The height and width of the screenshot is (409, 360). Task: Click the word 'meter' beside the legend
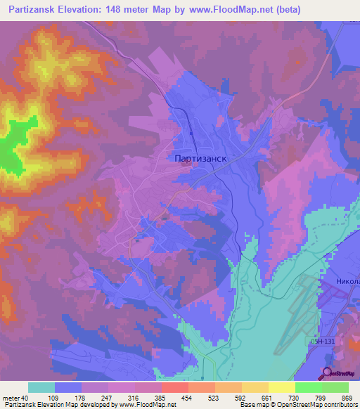tap(12, 397)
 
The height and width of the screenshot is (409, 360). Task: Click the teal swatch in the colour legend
tap(41, 387)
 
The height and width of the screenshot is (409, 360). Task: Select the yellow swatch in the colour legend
tap(281, 387)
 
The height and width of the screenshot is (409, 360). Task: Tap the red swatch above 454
tap(174, 387)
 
